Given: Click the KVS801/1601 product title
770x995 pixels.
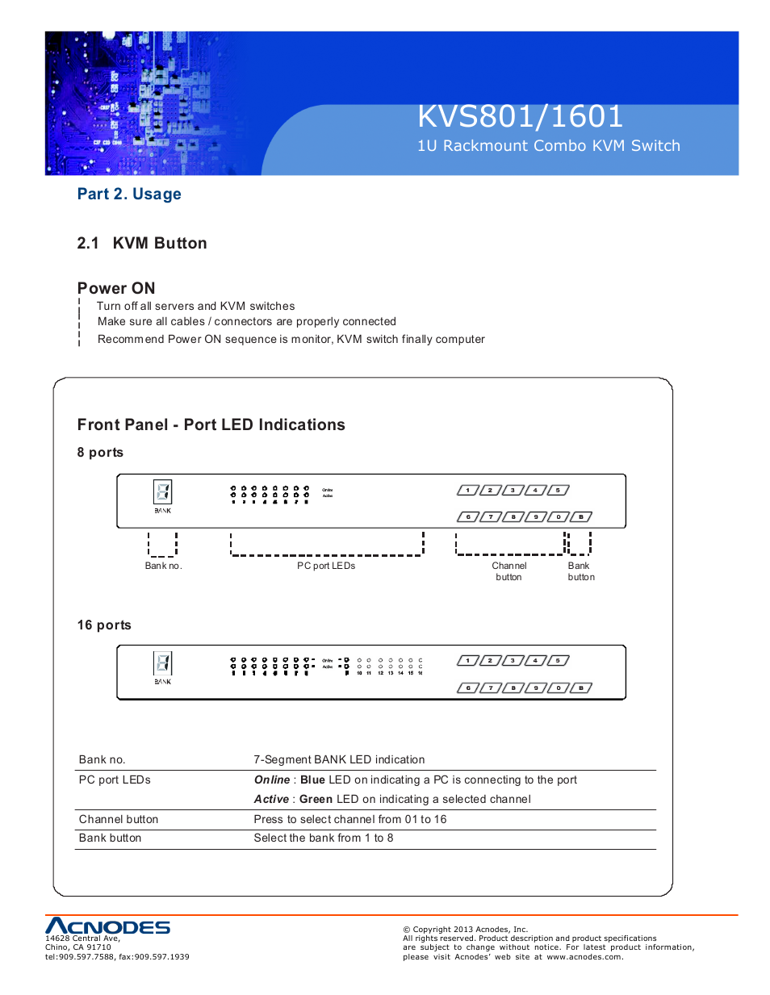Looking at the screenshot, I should coord(520,117).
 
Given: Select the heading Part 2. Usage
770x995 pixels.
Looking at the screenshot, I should coord(129,194).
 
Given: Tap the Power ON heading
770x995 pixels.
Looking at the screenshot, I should coord(116,289).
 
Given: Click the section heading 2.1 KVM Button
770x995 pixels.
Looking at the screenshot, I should coord(142,244).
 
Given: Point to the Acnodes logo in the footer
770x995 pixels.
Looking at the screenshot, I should coord(107,926).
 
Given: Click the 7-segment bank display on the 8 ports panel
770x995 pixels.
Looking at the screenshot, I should coord(162,491).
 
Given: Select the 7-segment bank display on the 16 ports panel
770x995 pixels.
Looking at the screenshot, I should coord(162,663).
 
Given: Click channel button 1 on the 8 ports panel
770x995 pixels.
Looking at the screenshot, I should coord(467,491).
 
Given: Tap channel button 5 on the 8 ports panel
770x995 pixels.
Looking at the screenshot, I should coord(558,491).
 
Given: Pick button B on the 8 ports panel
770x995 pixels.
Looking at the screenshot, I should coord(581,517).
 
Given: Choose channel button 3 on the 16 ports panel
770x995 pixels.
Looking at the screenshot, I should coord(513,661).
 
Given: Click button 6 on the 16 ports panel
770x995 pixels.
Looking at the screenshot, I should coord(467,688).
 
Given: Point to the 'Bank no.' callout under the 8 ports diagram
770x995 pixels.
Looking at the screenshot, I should coord(163,566).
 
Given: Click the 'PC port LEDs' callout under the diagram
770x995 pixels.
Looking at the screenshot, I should coord(326,566).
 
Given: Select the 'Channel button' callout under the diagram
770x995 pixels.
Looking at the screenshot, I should coord(509,571).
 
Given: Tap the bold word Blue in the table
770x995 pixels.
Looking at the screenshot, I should coord(312,780).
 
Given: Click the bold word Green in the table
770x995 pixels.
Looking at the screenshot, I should coord(316,800).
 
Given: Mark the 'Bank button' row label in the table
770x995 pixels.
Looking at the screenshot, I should coord(110,838).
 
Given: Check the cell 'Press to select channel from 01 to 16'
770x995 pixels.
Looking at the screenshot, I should coord(349,820).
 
